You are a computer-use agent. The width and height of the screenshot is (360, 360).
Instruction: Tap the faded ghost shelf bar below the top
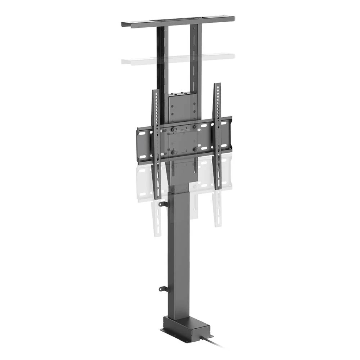click(x=178, y=59)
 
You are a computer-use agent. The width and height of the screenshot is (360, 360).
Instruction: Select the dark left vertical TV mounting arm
click(x=156, y=144)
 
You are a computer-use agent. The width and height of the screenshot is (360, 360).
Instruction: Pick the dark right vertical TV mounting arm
click(x=217, y=137)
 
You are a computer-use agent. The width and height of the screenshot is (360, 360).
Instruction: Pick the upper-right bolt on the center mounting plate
click(x=195, y=127)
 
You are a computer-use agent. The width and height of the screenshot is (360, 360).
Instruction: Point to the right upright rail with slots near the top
click(x=194, y=54)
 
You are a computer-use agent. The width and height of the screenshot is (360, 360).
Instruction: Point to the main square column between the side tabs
click(x=179, y=248)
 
